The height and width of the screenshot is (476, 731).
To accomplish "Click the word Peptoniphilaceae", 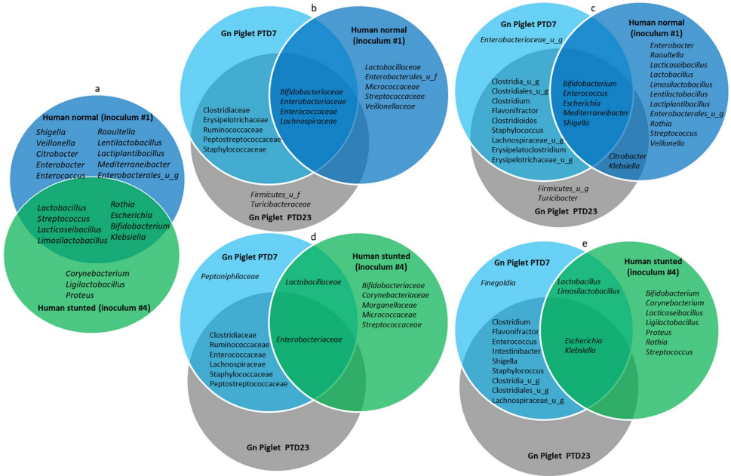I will [x=230, y=277].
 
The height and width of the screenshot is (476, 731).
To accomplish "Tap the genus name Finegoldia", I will [x=499, y=284].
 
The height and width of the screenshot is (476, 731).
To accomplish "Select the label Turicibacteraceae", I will [x=281, y=204].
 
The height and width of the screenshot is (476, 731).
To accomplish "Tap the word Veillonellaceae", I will [x=390, y=106].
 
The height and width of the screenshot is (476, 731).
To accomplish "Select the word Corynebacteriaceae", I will [x=395, y=295].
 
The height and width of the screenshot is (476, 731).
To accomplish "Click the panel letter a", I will [x=97, y=88].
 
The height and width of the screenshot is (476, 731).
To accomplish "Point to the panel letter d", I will [x=313, y=237].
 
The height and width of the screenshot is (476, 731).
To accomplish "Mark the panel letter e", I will [x=585, y=244].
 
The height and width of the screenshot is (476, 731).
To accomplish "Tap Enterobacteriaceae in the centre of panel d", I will [x=309, y=339].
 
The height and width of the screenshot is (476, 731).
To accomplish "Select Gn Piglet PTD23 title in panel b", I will [x=284, y=218].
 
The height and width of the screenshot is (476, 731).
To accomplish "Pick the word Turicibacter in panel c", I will [x=557, y=198].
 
